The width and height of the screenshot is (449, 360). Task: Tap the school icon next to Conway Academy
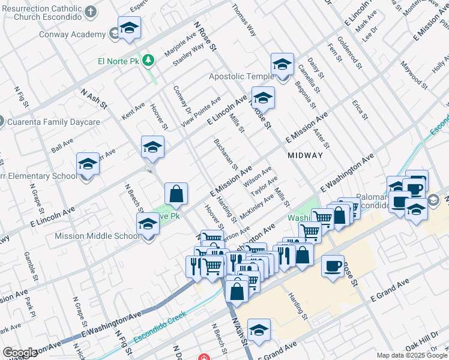(x=129, y=28)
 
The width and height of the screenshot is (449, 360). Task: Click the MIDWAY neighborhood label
(x=305, y=155)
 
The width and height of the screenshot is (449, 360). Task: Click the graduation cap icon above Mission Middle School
(x=147, y=225)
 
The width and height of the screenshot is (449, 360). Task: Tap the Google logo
(x=20, y=353)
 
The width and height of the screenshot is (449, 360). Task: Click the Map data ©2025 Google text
(x=412, y=355)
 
